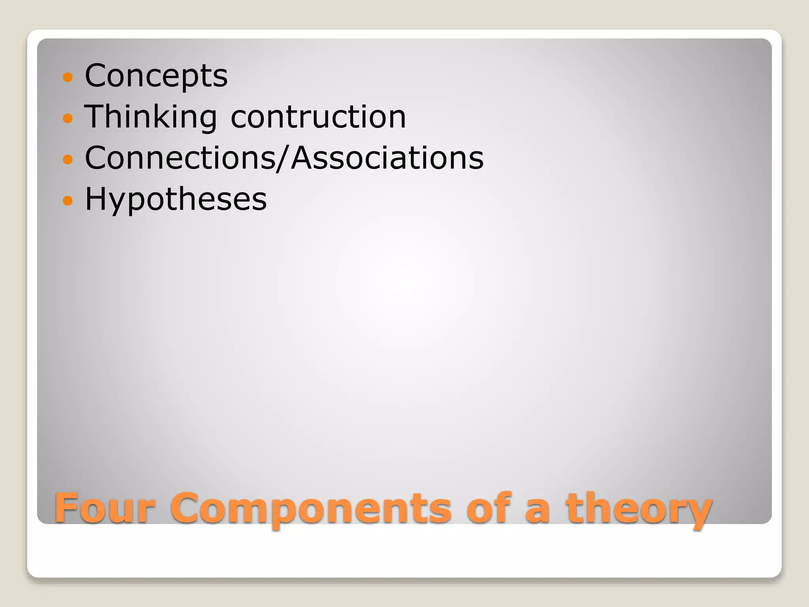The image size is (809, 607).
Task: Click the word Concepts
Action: coord(156,76)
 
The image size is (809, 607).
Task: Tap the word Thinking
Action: coord(151,117)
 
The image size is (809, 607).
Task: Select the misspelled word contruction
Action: coord(318,117)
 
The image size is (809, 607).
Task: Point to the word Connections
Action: coord(180,158)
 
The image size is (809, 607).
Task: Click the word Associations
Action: coord(387,158)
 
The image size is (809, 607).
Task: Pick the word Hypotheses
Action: coord(176,199)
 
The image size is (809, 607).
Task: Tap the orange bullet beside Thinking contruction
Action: coord(68,118)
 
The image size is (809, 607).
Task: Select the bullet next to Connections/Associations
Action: coord(68,159)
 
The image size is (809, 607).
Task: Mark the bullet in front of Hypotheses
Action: coord(68,200)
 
